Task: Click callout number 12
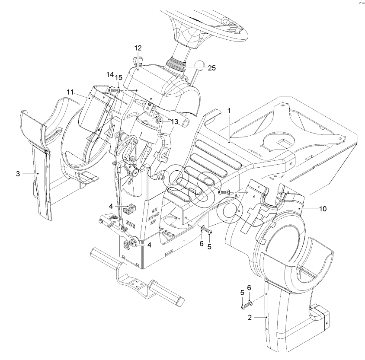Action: coord(138,48)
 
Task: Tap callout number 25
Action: coord(212,68)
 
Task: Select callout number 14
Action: coord(110,74)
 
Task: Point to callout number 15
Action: coord(119,77)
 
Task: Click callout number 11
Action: coord(70,92)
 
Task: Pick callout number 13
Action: coord(174,121)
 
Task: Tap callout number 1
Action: coord(229,111)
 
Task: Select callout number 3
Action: coord(18,174)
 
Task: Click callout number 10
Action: coord(323,209)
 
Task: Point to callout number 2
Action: coord(250,317)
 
